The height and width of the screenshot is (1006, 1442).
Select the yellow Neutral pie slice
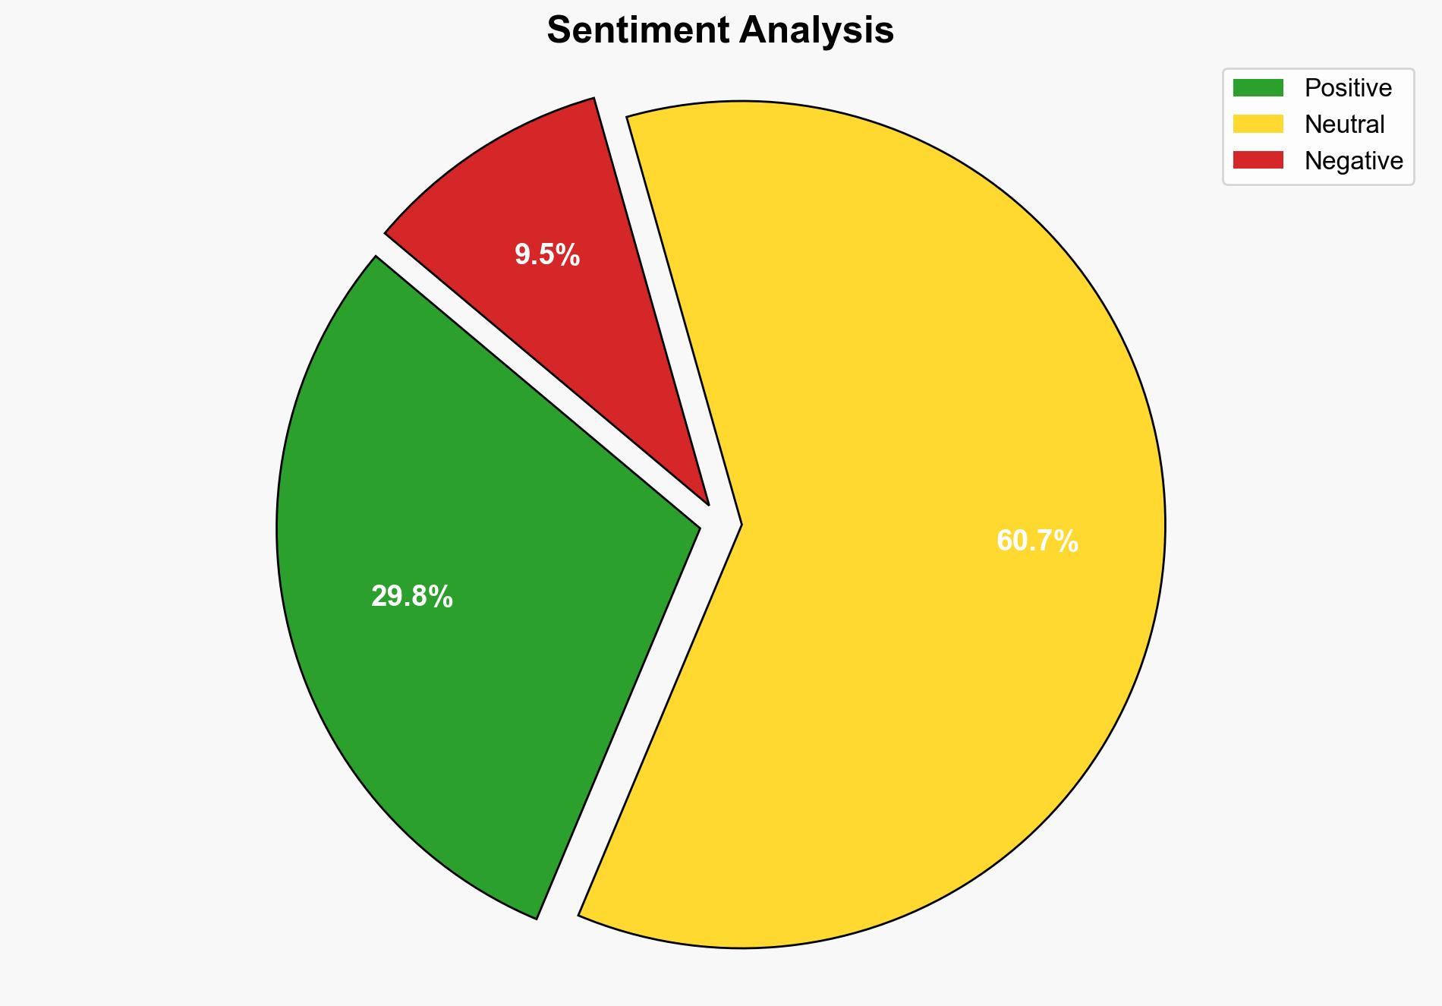coord(911,380)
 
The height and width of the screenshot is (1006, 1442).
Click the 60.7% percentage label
coord(1037,541)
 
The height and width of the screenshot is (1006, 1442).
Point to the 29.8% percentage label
coord(411,598)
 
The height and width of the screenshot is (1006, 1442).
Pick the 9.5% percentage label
coord(546,255)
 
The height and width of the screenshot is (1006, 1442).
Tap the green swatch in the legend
coord(1258,88)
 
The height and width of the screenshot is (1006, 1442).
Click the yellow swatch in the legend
coord(1258,124)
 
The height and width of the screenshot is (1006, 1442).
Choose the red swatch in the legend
coord(1258,160)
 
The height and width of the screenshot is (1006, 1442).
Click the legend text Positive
coord(1348,88)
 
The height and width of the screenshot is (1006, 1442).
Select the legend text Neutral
coord(1344,125)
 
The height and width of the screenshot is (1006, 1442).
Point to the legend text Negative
coord(1353,161)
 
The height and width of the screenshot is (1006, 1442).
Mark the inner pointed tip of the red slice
coord(707,502)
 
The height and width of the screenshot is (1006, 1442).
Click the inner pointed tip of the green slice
coord(697,525)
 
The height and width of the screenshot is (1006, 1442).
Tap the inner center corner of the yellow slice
coord(739,524)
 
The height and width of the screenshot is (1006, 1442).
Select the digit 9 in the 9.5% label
coord(522,255)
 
